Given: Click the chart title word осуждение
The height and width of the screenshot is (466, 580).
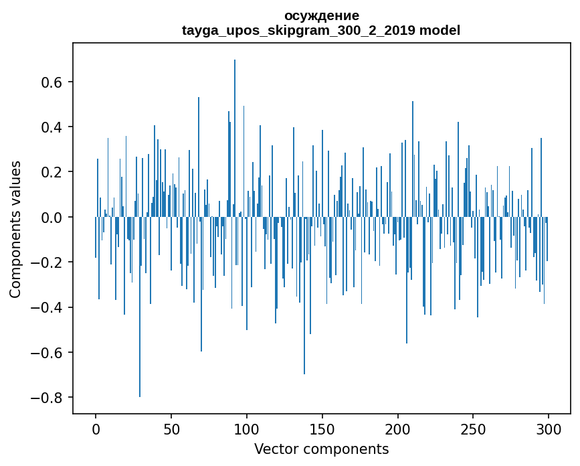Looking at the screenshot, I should coord(321,15).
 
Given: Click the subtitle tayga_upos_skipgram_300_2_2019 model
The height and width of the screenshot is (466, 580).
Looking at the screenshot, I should coord(321,30).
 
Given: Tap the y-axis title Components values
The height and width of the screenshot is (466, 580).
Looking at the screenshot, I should coord(15,229).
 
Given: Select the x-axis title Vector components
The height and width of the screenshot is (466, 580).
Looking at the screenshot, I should coord(321,449).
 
